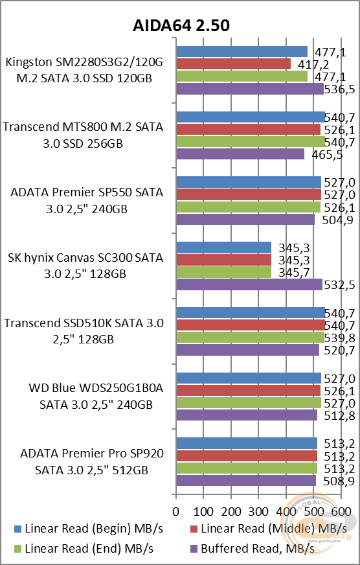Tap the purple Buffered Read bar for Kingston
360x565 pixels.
coord(250,89)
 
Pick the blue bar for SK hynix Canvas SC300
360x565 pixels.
coord(223,247)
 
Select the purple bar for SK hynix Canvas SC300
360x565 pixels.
coord(249,284)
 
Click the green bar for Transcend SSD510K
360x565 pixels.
coord(250,338)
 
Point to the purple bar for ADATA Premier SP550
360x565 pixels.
coord(245,220)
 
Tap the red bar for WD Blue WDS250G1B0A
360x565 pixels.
coord(249,390)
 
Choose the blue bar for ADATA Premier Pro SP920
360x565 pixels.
coord(247,443)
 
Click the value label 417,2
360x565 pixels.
coord(313,64)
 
